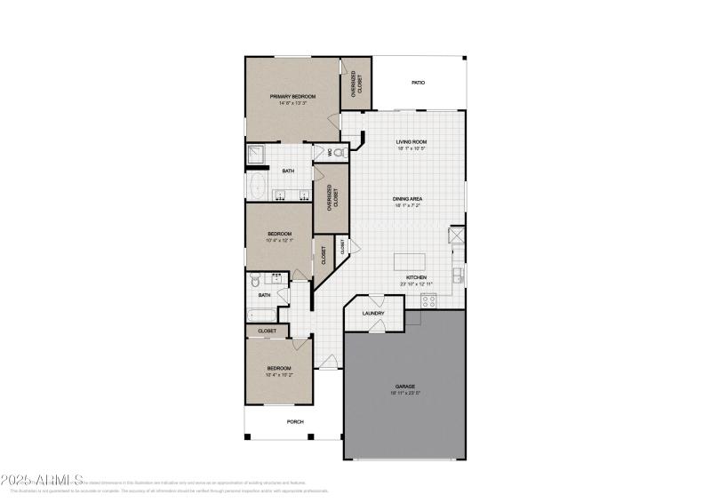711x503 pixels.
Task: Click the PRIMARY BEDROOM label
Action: [x=293, y=96]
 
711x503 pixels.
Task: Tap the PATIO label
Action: [x=418, y=83]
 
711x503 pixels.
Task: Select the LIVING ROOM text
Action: [x=411, y=141]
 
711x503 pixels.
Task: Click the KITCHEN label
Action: [x=417, y=277]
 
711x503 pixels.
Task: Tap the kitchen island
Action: [x=411, y=260]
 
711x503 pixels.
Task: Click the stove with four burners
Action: [x=429, y=300]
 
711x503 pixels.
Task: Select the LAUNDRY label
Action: [x=373, y=313]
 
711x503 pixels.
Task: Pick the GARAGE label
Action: [x=405, y=386]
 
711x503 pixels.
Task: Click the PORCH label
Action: [x=294, y=422]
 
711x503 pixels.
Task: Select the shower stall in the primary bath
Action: [x=257, y=154]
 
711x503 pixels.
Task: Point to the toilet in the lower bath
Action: [x=255, y=280]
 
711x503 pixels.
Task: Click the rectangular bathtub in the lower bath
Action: [x=262, y=314]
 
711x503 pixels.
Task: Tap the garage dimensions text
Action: [x=405, y=393]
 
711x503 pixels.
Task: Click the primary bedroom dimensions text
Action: [x=293, y=103]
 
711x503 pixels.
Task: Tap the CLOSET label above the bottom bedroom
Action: [x=268, y=331]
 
